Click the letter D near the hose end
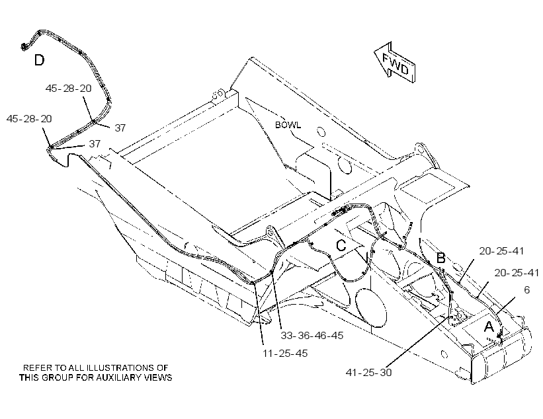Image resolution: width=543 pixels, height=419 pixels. pyautogui.click(x=39, y=60)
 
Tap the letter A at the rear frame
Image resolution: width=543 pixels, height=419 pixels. pyautogui.click(x=489, y=326)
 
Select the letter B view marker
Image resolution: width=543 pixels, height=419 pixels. pyautogui.click(x=440, y=258)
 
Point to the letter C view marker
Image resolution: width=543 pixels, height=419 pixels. pyautogui.click(x=341, y=246)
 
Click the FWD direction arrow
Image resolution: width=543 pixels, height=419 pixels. pyautogui.click(x=395, y=63)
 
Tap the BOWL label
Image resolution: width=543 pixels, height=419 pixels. pyautogui.click(x=288, y=125)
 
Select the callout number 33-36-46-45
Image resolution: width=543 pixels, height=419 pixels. pyautogui.click(x=312, y=335)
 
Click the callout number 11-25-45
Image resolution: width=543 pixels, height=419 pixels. pyautogui.click(x=285, y=354)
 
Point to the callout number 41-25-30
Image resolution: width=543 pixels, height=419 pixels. pyautogui.click(x=368, y=372)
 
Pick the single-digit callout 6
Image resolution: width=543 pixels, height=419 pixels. pyautogui.click(x=526, y=290)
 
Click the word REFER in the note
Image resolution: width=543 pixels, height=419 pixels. pyautogui.click(x=34, y=367)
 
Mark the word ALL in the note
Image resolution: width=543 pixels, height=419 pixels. pyautogui.click(x=77, y=367)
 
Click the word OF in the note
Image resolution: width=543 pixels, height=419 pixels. pyautogui.click(x=164, y=367)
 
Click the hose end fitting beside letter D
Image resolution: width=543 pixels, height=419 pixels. pyautogui.click(x=24, y=46)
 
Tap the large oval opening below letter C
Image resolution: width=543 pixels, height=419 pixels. pyautogui.click(x=370, y=307)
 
